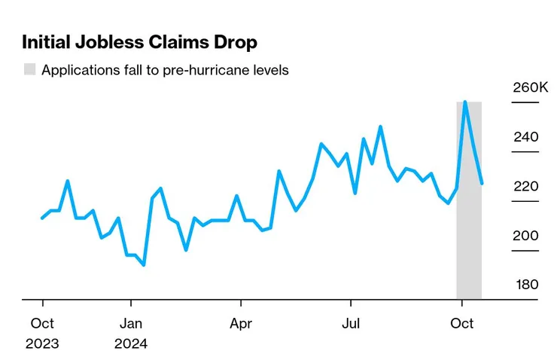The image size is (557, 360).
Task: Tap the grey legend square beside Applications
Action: click(29, 70)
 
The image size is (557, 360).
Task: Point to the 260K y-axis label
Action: click(531, 88)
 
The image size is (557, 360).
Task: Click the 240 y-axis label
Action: click(526, 137)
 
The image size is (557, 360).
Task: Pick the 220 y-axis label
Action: click(526, 186)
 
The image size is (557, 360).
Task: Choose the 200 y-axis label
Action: click(526, 235)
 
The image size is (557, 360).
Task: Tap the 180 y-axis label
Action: click(526, 284)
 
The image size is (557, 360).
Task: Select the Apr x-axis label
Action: click(241, 323)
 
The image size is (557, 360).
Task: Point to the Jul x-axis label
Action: click(351, 323)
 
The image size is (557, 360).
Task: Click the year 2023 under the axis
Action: click(42, 344)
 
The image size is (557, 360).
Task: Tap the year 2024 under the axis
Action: click(131, 344)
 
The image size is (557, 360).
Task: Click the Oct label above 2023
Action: click(42, 323)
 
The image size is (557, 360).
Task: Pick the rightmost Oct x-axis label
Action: click(461, 323)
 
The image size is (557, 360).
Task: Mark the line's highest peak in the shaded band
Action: click(465, 102)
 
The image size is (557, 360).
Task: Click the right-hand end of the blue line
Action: click(482, 183)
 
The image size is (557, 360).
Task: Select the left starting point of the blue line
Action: click(42, 218)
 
